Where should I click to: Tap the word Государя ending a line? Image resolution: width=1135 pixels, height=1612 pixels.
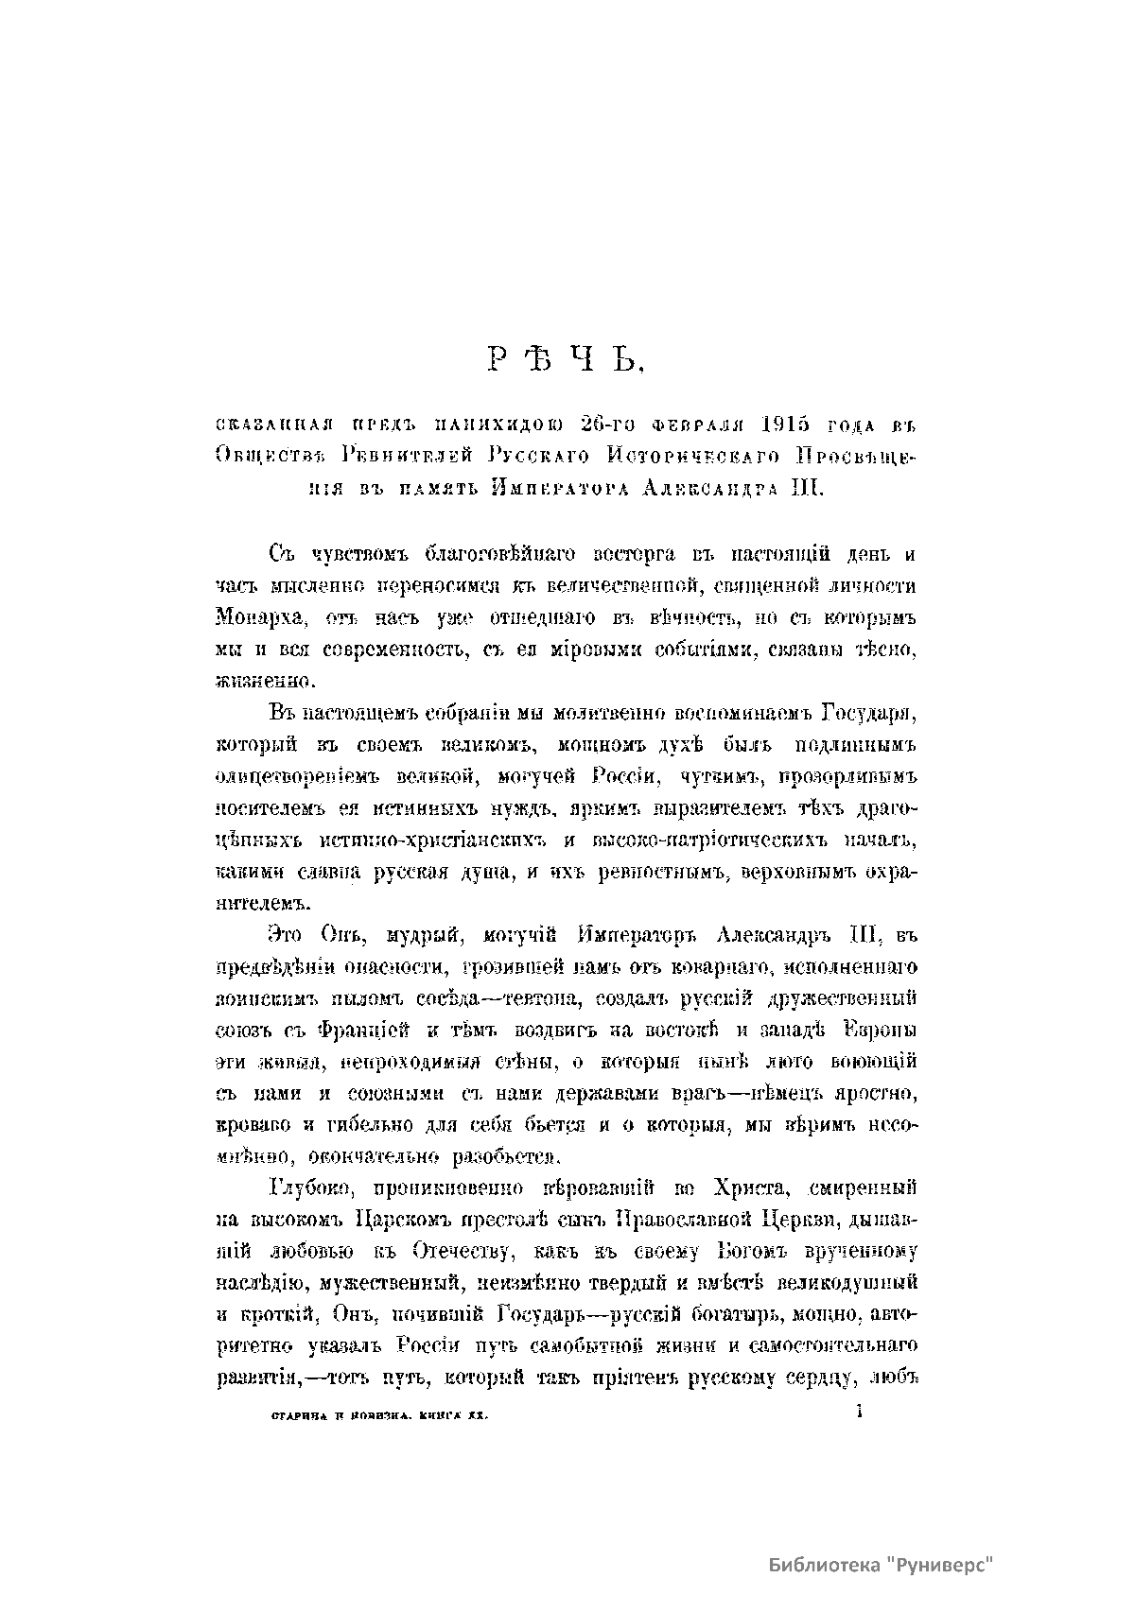[865, 711]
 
